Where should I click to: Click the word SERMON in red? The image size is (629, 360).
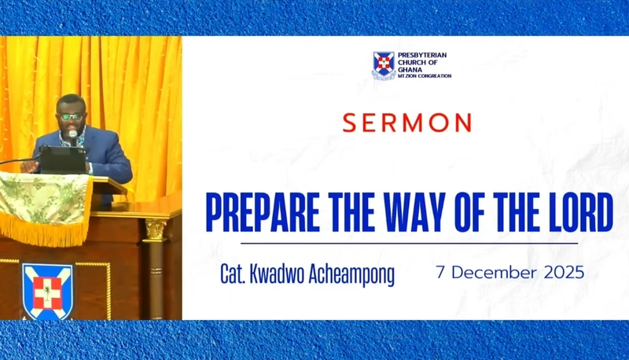[406, 123]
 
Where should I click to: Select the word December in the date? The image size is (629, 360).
[487, 274]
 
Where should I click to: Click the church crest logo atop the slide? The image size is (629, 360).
[384, 65]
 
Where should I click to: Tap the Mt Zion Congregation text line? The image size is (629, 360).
[425, 76]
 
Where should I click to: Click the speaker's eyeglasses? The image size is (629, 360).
[72, 116]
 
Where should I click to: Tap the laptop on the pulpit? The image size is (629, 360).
[63, 160]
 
